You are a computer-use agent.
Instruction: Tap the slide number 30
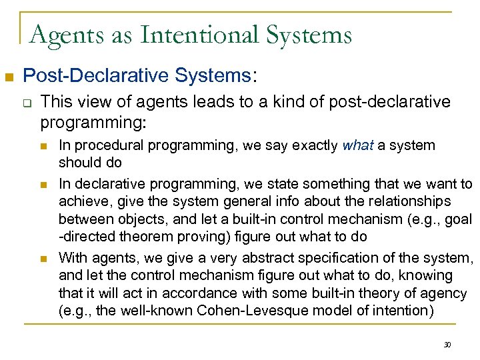pos(447,344)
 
